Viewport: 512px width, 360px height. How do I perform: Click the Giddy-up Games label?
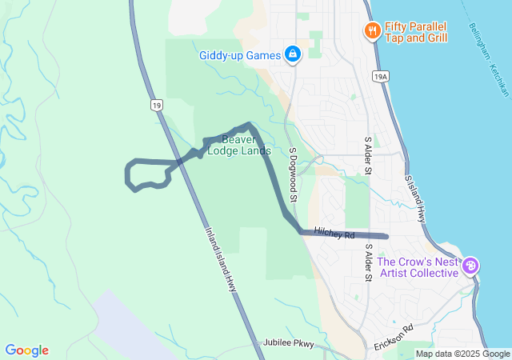pos(240,55)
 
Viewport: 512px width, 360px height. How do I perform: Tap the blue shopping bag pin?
pos(293,54)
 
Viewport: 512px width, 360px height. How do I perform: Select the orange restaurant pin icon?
pos(372,31)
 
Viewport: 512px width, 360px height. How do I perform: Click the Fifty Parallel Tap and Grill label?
pos(415,31)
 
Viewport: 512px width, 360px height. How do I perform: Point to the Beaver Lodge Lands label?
pos(238,145)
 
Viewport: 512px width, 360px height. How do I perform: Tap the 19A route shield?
pos(380,75)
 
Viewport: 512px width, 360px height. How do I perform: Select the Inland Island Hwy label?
pos(220,256)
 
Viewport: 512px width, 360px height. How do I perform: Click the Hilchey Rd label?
pos(334,234)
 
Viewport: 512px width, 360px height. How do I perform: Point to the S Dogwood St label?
pos(294,174)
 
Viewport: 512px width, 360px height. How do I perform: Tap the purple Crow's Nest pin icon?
pos(471,266)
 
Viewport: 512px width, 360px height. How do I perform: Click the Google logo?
pos(26,350)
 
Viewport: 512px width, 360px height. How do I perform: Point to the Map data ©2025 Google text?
pos(462,354)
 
